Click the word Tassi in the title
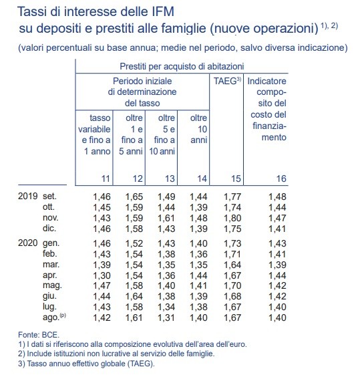tap(32, 11)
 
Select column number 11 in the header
tap(104, 178)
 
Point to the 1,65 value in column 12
tap(134, 198)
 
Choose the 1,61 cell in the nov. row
tap(166, 218)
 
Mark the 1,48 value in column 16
tap(276, 198)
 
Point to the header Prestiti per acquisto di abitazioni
tap(181, 66)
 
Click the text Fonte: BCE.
tap(38, 334)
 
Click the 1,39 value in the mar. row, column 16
tap(276, 264)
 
